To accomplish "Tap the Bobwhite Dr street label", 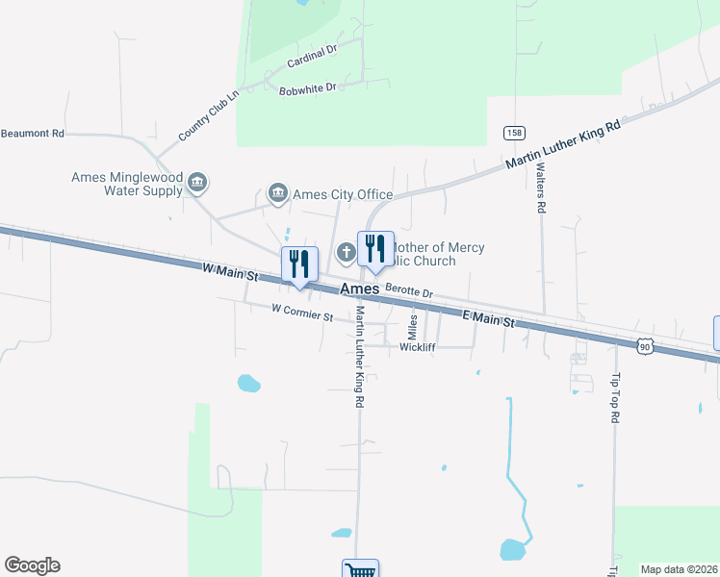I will [x=307, y=88].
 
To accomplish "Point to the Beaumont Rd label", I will [x=33, y=134].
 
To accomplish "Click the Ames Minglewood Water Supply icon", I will [x=197, y=182].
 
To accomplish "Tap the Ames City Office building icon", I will [x=278, y=193].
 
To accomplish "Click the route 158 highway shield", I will [x=514, y=132].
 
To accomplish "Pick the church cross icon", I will [x=347, y=253].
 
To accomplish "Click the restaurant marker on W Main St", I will [x=299, y=263].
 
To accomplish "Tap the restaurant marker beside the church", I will [x=375, y=249].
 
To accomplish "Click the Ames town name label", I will [x=360, y=288].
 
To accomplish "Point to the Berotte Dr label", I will [x=409, y=289].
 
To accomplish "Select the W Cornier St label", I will [x=302, y=312].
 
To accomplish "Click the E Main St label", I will [x=489, y=318].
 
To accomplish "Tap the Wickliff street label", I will [x=418, y=347].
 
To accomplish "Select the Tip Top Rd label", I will [x=614, y=397].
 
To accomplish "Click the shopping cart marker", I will [x=360, y=570].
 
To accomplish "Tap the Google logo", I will [x=33, y=565].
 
